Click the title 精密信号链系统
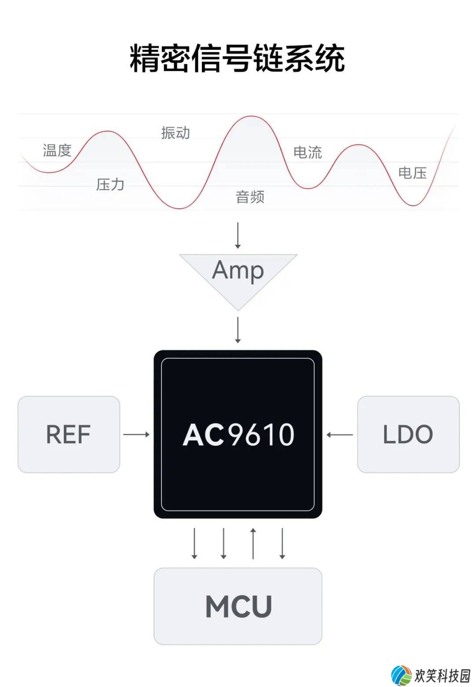point(237,58)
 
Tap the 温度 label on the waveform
point(57,150)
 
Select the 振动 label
point(175,133)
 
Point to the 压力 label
point(110,185)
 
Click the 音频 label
point(250,196)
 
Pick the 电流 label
point(307,153)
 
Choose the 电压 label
point(413,173)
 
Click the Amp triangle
point(238,276)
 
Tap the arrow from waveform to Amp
point(238,235)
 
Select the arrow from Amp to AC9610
point(238,330)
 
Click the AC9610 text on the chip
point(238,434)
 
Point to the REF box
point(69,434)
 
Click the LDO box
point(409,434)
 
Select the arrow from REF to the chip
point(136,434)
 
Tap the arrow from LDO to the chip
point(340,435)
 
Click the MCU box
point(238,606)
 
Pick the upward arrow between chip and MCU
point(253,543)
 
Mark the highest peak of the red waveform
point(251,116)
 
